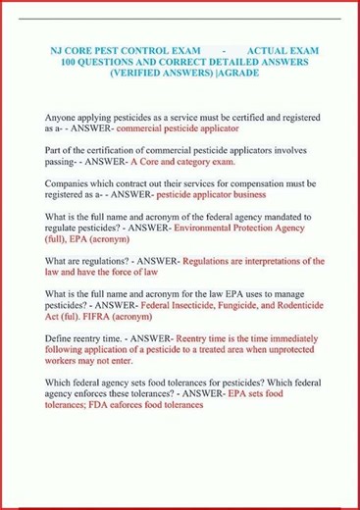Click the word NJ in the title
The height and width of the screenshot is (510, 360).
click(x=57, y=49)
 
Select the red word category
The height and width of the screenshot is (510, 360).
click(x=205, y=161)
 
